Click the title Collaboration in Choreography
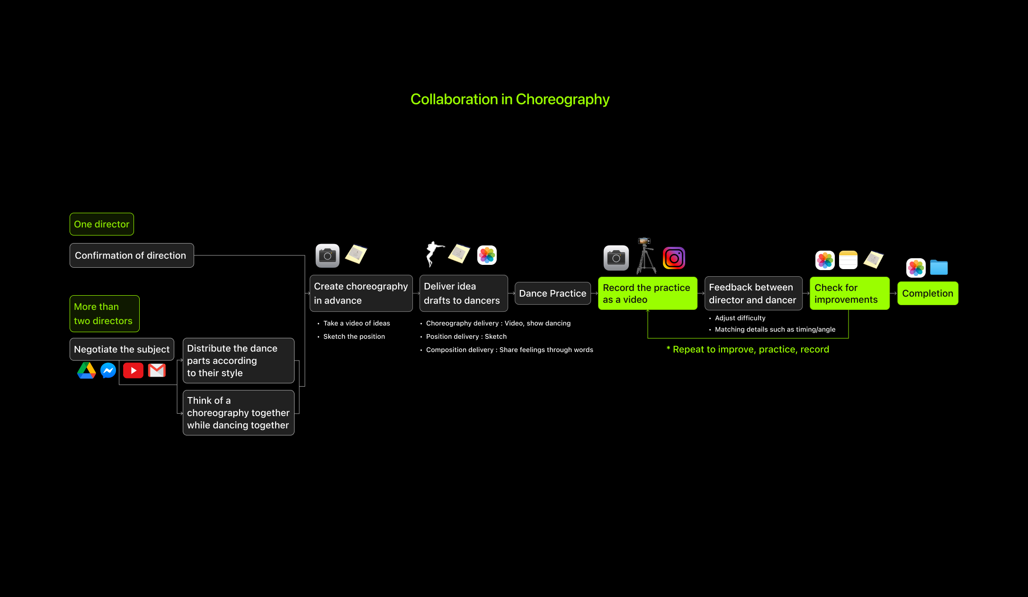[510, 99]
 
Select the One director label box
[102, 224]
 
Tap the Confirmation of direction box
[132, 255]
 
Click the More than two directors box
[104, 314]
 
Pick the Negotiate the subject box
[122, 349]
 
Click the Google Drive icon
[87, 371]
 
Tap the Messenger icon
[108, 371]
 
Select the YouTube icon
[133, 371]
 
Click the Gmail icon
[157, 371]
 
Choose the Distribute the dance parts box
[238, 361]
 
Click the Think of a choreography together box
[238, 413]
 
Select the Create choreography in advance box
[361, 293]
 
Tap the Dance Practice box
[553, 293]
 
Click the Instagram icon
[674, 258]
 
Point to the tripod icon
[645, 256]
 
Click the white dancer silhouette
[433, 254]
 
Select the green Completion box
[927, 293]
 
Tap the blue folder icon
[939, 268]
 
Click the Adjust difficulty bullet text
[740, 318]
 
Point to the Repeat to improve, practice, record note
[748, 349]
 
